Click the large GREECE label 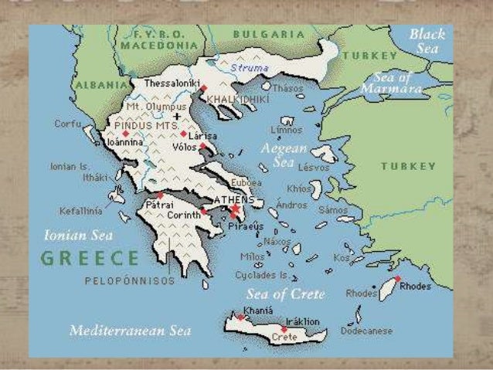coord(90,258)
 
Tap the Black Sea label coord(427,40)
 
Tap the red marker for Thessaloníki coord(203,89)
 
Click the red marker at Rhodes coord(398,278)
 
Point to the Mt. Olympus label coord(155,106)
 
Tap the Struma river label coord(247,68)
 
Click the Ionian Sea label coord(78,234)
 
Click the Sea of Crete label coord(285,294)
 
